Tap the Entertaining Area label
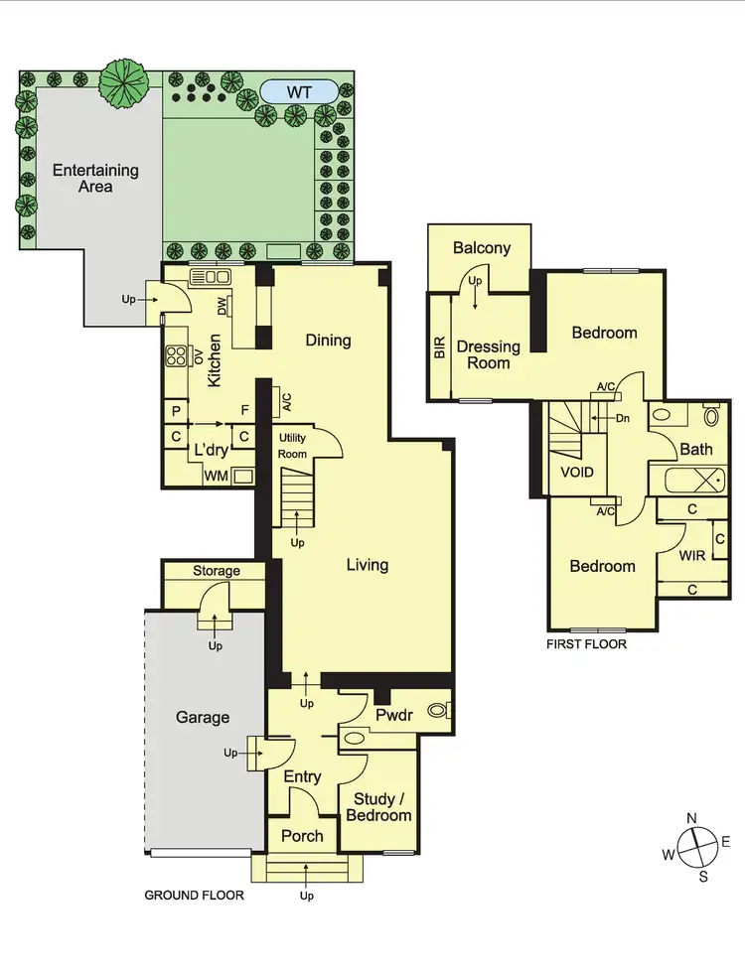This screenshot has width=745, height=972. (x=95, y=178)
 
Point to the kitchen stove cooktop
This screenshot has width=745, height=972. (x=178, y=354)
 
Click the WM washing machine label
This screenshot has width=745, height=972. (x=216, y=478)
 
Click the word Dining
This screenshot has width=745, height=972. (x=328, y=341)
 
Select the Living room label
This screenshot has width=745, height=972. (x=367, y=565)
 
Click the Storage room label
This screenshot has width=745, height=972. (x=217, y=571)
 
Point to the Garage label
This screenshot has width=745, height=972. (x=203, y=717)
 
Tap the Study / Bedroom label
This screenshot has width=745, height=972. (x=377, y=806)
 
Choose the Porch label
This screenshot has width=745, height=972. (x=302, y=835)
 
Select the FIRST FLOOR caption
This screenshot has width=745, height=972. (x=586, y=643)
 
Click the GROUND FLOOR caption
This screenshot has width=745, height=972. (x=195, y=895)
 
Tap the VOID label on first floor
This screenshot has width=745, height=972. (x=577, y=472)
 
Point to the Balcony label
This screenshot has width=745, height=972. (x=482, y=248)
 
